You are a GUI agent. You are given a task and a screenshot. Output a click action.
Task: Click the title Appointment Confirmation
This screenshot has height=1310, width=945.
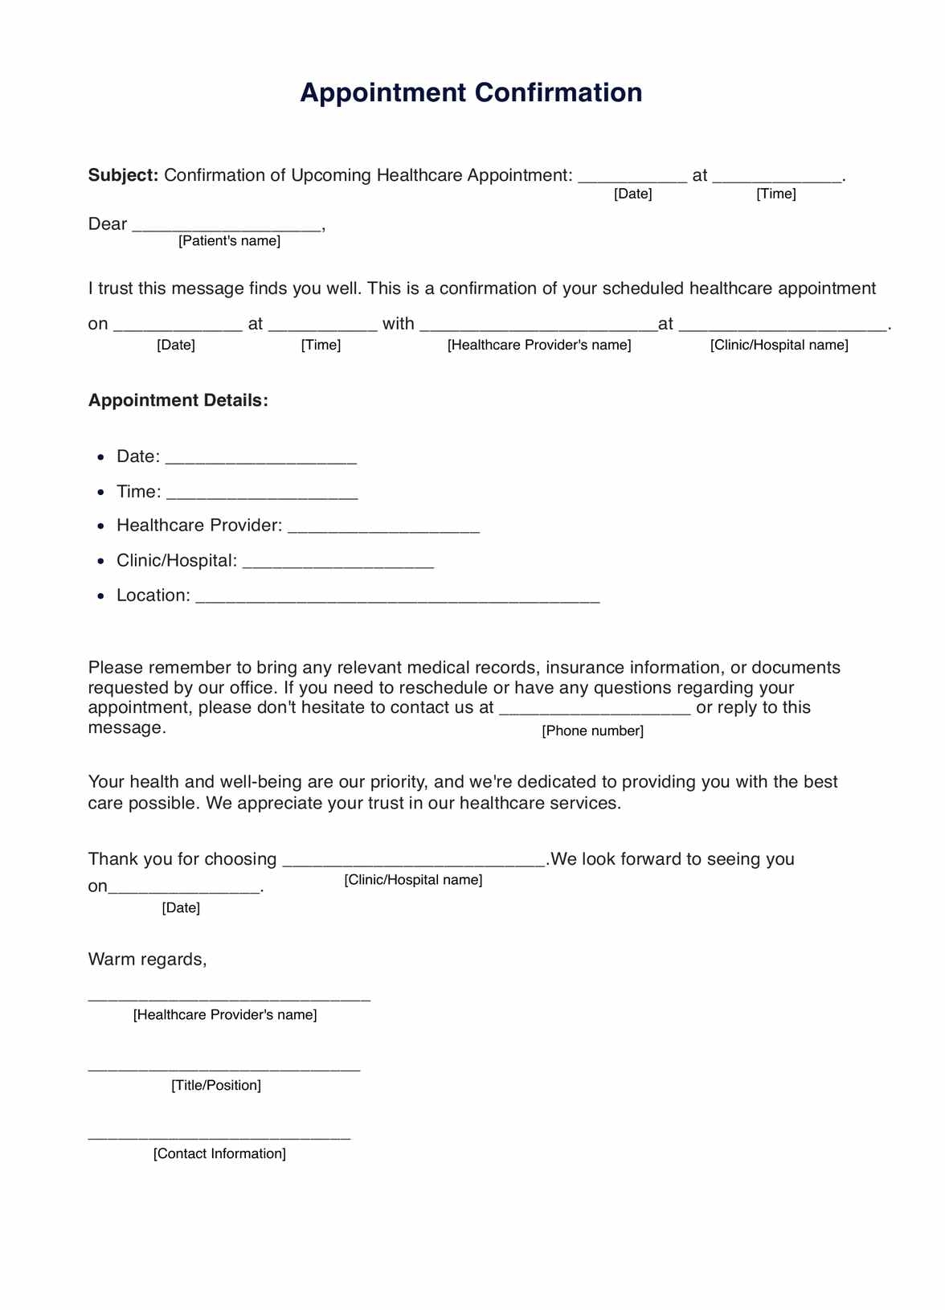471,92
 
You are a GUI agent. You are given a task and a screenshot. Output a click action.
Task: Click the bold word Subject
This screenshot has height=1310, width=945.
122,175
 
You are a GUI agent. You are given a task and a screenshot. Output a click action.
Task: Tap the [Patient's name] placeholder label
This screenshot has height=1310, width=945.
229,241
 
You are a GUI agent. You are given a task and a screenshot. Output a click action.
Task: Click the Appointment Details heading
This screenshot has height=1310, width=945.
178,400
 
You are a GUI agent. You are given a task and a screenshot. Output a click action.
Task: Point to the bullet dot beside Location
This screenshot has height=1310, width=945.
100,596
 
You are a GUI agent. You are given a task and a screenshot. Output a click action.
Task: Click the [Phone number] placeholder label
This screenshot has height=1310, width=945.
592,731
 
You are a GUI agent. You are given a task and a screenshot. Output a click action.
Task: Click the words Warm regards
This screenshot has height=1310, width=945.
147,959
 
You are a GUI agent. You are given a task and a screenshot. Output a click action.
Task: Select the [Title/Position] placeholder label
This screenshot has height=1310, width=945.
216,1085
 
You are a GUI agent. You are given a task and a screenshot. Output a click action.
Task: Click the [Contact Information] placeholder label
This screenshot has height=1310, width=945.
219,1153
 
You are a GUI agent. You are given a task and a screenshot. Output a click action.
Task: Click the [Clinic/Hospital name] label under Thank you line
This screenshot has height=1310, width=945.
413,880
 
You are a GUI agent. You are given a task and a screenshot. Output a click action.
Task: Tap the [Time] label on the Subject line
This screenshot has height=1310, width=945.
775,194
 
